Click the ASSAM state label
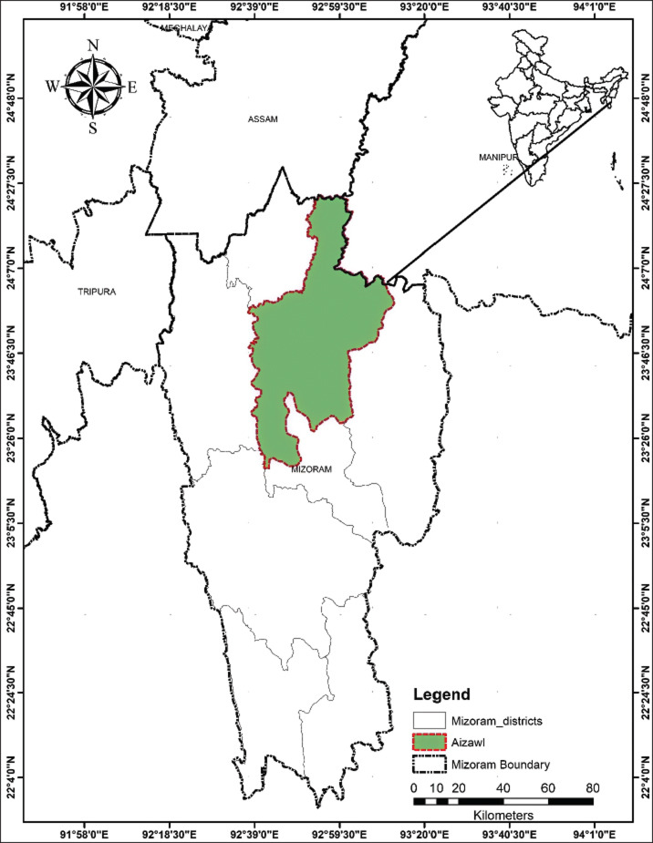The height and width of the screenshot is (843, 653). coord(262,119)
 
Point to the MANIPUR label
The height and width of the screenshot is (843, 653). coord(498,158)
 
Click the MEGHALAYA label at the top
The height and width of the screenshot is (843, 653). coord(185,28)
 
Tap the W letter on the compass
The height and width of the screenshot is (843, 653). coord(52,87)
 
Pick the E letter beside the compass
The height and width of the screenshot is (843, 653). coord(131,87)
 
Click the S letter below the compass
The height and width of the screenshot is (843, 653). coord(92,128)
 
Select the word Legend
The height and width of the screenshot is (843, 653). coord(442,694)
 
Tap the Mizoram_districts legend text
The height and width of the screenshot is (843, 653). coord(497,721)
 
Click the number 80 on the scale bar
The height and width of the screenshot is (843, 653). coord(592,787)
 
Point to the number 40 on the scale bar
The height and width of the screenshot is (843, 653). coord(503,787)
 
